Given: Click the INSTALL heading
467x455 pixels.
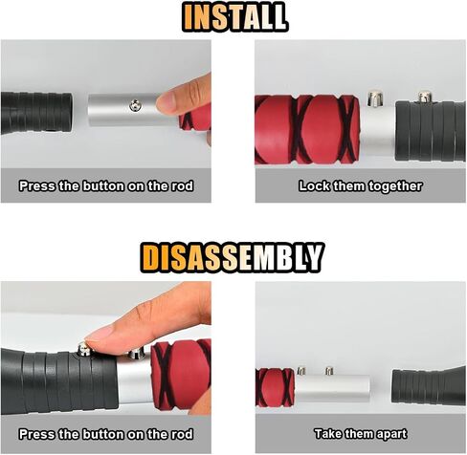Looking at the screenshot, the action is coord(234,17).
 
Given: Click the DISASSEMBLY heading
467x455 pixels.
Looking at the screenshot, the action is coord(233,258).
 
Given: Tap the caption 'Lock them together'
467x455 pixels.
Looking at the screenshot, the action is coord(361,186).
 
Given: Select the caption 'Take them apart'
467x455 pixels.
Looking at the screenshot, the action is coord(361,434).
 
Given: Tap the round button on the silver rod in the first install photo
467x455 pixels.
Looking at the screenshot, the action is coord(136,105).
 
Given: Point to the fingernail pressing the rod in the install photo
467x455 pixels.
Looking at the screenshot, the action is coord(165,101).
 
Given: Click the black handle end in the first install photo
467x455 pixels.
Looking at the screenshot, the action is coord(36,113).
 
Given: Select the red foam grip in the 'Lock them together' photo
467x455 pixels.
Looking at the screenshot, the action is coord(307,129).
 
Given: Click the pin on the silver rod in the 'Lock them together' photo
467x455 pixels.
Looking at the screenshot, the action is coord(375,98).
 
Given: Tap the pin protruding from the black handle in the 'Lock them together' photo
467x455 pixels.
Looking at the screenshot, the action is coord(425,97).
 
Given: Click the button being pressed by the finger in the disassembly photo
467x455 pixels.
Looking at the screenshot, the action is coord(84,349).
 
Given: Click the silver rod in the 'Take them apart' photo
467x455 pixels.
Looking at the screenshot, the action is coord(333,388).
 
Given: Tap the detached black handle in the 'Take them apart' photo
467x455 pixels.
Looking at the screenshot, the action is coord(429,386).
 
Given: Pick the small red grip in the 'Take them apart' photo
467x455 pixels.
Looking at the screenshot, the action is coord(275,387).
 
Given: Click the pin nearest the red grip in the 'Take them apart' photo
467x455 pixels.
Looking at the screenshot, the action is coord(301,371).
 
